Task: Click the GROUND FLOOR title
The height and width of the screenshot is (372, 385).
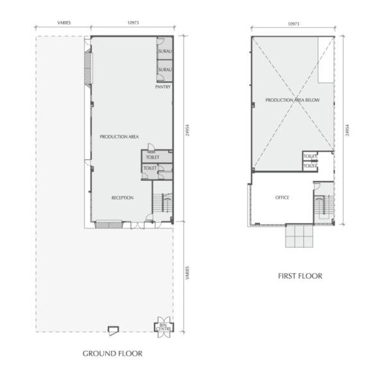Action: point(112,353)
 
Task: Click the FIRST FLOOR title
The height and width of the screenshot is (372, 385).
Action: point(300,276)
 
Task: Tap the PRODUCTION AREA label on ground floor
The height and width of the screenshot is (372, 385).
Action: point(119,137)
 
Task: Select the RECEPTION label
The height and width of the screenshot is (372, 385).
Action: point(123,198)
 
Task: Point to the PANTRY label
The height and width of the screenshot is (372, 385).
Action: point(163,87)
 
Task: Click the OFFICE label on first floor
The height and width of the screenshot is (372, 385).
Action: point(282,198)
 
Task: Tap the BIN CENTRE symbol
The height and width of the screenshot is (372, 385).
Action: point(164,327)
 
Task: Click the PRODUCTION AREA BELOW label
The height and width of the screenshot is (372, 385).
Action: point(293,100)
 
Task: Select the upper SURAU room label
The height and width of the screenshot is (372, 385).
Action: point(166,51)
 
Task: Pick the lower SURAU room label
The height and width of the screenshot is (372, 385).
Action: point(166,70)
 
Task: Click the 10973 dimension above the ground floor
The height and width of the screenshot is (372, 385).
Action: point(133,22)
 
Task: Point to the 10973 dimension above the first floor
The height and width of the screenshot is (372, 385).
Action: point(293,24)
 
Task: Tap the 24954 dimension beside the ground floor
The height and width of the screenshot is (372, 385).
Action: point(187,130)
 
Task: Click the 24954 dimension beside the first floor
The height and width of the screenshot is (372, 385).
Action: point(347,130)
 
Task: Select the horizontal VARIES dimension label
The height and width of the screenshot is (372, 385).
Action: point(64,22)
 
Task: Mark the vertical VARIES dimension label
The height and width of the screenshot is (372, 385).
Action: point(187,273)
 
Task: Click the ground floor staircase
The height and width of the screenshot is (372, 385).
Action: point(162,203)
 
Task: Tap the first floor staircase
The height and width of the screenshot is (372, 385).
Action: point(323,205)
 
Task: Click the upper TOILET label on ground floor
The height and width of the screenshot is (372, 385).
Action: point(153,157)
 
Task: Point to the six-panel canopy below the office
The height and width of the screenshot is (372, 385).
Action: point(299,236)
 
